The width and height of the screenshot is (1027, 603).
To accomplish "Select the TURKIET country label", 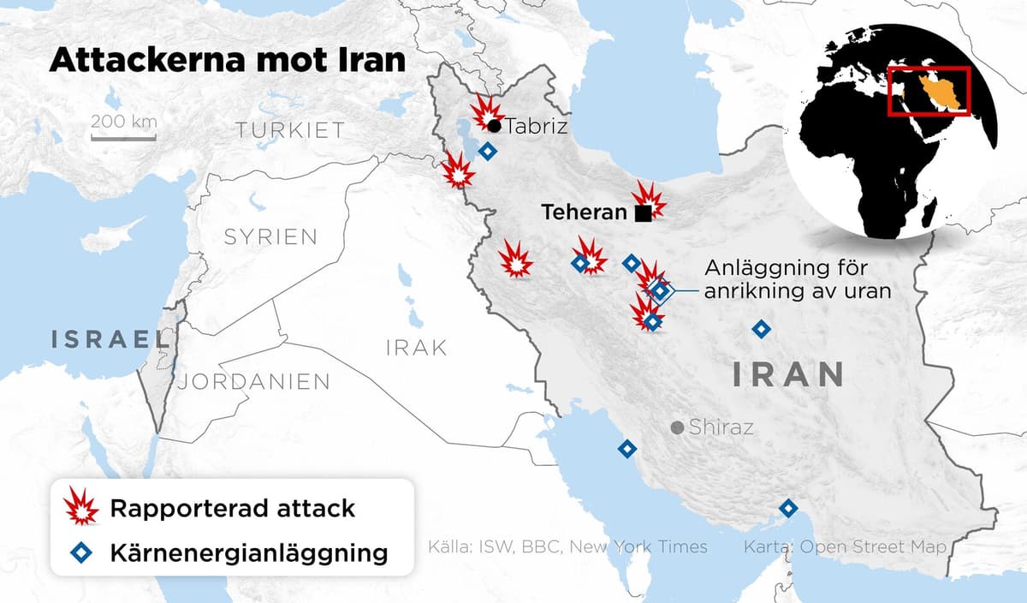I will click(291, 130).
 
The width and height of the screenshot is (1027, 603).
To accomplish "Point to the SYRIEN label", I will click(270, 236).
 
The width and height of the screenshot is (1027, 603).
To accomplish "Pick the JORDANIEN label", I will click(253, 381).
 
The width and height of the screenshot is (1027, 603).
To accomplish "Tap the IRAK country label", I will click(417, 347).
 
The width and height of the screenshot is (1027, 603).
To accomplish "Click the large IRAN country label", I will click(787, 374).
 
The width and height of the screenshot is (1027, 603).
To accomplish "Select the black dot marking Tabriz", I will click(495, 126).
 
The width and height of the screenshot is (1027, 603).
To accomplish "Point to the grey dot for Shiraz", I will click(677, 427).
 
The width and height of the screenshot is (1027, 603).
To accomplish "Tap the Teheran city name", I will click(585, 212).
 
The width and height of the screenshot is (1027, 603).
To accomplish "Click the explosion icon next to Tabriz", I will click(486, 110).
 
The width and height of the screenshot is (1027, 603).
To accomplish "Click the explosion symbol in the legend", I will click(83, 508).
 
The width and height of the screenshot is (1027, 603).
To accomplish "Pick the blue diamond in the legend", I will click(83, 552).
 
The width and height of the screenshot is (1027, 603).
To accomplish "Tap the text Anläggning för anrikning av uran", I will click(798, 279).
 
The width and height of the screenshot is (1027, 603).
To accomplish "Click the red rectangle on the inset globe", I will click(929, 91).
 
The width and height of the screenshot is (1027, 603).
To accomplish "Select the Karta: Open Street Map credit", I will click(845, 546).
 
